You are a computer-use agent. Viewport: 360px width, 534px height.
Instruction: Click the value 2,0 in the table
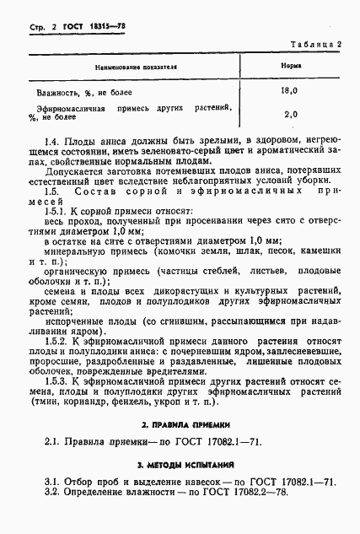coord(291,114)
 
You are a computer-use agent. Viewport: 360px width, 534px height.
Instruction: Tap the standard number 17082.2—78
coord(254,491)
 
